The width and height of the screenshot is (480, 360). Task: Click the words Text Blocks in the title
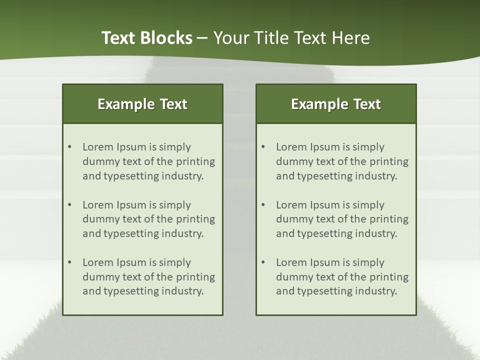pyautogui.click(x=147, y=38)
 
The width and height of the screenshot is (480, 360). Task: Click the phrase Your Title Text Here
pyautogui.click(x=291, y=38)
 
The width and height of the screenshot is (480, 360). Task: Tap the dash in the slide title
pyautogui.click(x=202, y=38)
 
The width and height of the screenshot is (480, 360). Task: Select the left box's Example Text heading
pyautogui.click(x=142, y=104)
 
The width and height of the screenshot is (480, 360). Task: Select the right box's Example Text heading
pyautogui.click(x=336, y=104)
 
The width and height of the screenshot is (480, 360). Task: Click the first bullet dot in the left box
pyautogui.click(x=69, y=147)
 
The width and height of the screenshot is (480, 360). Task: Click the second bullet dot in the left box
pyautogui.click(x=69, y=205)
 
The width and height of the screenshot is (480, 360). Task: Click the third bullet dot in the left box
pyautogui.click(x=69, y=262)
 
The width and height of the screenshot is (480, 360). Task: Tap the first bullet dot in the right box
pyautogui.click(x=263, y=147)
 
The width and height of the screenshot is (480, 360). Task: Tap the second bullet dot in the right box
pyautogui.click(x=263, y=205)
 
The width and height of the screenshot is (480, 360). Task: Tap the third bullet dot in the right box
pyautogui.click(x=263, y=262)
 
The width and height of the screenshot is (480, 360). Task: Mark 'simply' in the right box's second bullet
pyautogui.click(x=368, y=205)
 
